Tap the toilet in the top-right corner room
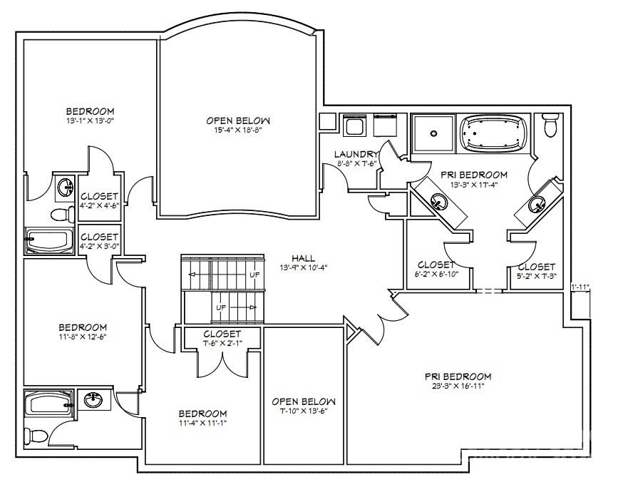click(x=550, y=126)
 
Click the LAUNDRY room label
click(x=357, y=153)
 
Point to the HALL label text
click(x=303, y=258)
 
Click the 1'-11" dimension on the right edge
click(x=581, y=287)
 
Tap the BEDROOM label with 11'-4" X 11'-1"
click(x=202, y=414)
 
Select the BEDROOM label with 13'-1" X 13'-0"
click(x=90, y=111)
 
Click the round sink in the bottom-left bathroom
click(x=93, y=400)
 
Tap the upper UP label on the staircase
click(x=254, y=274)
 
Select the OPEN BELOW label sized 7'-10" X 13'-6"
click(x=303, y=401)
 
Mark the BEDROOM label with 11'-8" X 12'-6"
click(x=83, y=327)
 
